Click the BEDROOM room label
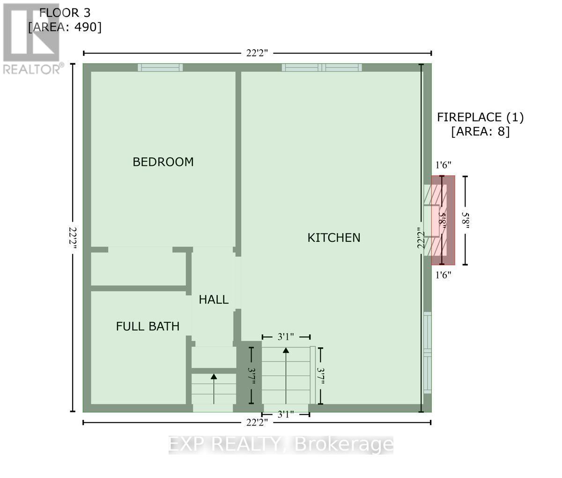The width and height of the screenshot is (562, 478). pos(163,162)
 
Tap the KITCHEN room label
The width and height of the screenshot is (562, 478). pos(333,238)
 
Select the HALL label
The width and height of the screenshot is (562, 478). pos(214,300)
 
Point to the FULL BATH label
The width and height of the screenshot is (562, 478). pos(148,326)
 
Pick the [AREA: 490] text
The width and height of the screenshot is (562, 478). pos(64,27)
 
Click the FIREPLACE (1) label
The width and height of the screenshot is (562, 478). pos(480,117)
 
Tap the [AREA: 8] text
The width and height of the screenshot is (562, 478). pos(480,132)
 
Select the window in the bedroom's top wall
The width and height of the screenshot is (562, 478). pos(160,67)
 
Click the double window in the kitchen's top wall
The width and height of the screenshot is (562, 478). pos(322,67)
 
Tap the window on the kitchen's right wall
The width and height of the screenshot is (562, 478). pos(427,352)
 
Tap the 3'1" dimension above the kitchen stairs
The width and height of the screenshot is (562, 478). pos(285,337)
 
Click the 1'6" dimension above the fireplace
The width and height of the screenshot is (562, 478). pos(443,165)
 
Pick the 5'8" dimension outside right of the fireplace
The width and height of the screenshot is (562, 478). pos(465,220)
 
